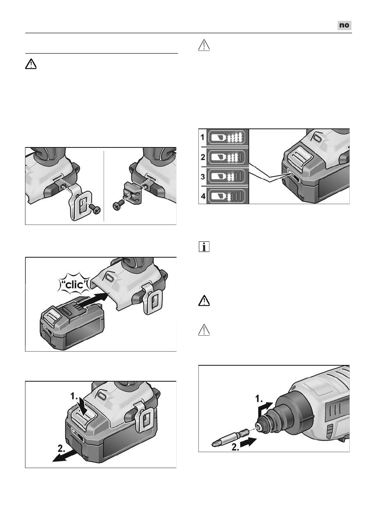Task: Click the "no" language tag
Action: [344, 25]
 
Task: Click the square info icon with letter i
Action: [204, 247]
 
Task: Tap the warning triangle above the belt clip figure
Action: [30, 65]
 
